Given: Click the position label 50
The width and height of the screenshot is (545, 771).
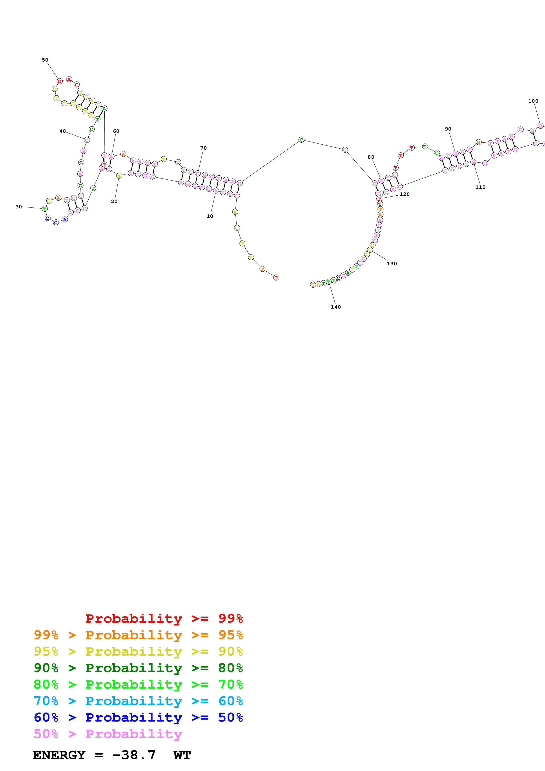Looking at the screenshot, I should click(45, 60).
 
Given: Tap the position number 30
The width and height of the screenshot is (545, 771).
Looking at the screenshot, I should click(19, 207).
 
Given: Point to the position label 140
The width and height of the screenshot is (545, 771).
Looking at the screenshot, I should click(335, 307).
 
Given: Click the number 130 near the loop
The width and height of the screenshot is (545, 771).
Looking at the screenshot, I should click(392, 264).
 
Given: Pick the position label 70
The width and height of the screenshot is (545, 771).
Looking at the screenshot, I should click(204, 148).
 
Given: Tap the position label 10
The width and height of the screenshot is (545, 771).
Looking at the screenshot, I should click(210, 216).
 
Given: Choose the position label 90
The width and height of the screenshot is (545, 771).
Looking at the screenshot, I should click(448, 129).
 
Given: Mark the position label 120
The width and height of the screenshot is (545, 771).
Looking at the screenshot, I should click(405, 194).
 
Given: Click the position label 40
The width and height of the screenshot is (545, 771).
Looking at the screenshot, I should click(63, 131).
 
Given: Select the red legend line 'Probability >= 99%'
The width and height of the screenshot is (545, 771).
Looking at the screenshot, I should click(164, 618).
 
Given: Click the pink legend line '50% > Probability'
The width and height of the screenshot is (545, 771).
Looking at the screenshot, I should click(108, 734).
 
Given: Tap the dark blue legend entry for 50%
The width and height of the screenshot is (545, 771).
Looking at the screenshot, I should click(138, 717).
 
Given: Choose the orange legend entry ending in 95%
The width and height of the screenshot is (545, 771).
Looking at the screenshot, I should click(138, 635).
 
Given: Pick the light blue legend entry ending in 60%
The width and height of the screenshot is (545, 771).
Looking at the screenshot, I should click(138, 701).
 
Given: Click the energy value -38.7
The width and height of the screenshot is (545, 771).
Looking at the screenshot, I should click(134, 755).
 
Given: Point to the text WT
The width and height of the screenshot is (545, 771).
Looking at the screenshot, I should click(182, 755).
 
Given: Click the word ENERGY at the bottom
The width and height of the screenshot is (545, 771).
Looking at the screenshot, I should click(59, 755).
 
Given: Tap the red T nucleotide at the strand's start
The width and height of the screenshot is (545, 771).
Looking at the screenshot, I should click(276, 278).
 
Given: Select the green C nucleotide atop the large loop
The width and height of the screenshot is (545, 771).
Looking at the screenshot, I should click(301, 140).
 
